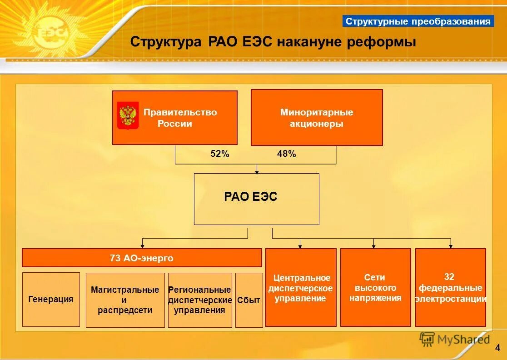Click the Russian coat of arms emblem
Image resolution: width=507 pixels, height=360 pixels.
click(128, 115)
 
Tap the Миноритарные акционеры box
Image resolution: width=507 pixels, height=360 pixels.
click(317, 118)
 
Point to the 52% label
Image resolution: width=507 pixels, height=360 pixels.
click(220, 154)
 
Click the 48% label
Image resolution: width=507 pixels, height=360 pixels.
click(286, 154)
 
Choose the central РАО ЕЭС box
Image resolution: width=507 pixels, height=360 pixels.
click(256, 199)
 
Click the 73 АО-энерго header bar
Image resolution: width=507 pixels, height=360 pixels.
click(142, 258)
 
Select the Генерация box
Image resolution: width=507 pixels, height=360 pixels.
click(51, 300)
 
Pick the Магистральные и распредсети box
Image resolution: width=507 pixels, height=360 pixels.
click(125, 300)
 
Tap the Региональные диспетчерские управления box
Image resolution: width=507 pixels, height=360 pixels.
click(199, 300)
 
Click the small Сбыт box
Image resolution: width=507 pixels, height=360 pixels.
click(249, 300)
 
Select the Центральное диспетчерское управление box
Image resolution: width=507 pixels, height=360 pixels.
click(300, 288)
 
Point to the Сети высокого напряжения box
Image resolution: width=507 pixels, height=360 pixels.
click(375, 288)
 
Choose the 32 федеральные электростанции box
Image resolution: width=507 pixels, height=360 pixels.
click(450, 288)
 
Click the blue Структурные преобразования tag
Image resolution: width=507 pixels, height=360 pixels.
click(418, 21)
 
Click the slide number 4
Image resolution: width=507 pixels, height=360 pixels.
click(497, 348)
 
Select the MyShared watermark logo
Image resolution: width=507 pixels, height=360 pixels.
click(454, 339)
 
